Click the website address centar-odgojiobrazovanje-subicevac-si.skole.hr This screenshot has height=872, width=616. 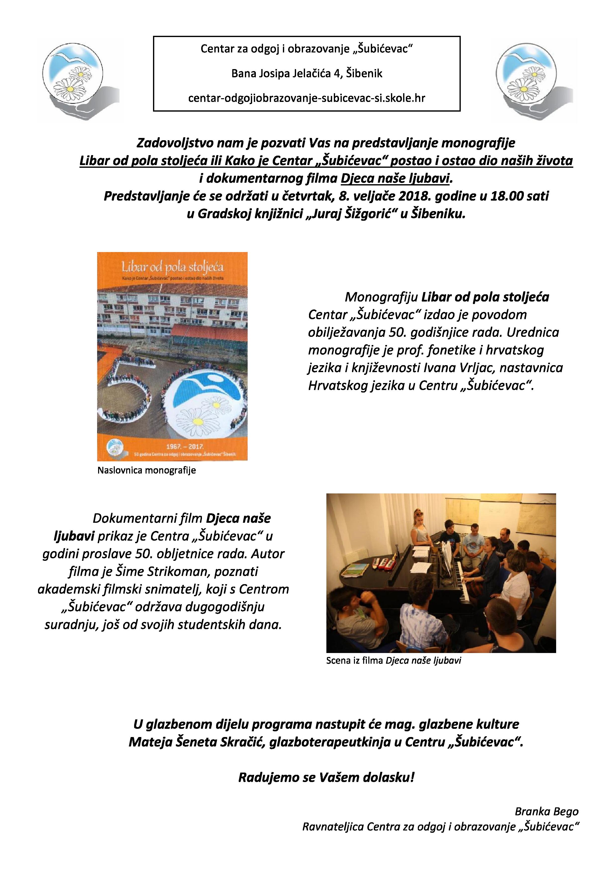coord(307,98)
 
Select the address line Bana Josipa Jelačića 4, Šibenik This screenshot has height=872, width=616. coord(307,73)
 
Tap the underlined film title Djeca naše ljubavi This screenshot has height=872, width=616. coord(395,178)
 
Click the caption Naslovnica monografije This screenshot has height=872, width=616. coord(147,471)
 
